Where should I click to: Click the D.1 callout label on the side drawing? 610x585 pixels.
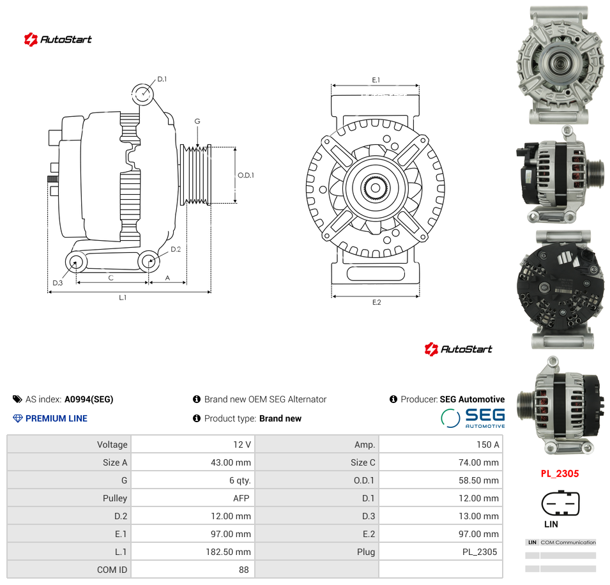tap(162, 79)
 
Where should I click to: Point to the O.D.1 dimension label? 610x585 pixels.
tap(246, 176)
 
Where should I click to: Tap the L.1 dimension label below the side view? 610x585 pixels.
tap(123, 298)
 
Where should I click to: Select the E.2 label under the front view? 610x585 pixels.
tap(377, 302)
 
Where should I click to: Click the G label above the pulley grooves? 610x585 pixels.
tap(197, 121)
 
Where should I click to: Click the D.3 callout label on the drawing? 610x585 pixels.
tap(57, 283)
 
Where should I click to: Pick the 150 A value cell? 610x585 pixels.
tap(488, 444)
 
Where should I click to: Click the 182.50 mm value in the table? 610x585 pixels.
tap(229, 552)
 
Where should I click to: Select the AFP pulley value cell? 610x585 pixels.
tap(241, 498)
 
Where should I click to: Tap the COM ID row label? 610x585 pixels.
tap(112, 570)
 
